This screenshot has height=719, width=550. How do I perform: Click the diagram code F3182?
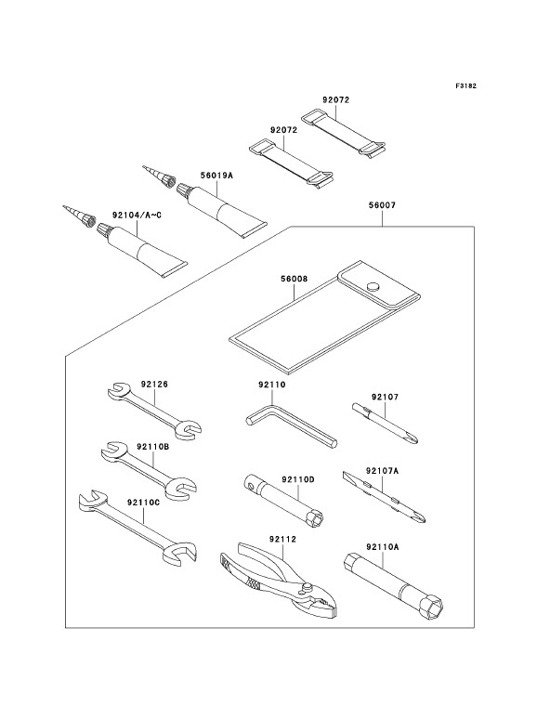465,85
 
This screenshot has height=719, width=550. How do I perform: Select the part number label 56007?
382,205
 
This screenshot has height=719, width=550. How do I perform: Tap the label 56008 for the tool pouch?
294,279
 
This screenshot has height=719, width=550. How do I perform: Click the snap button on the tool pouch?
373,287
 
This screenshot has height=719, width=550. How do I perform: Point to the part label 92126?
154,385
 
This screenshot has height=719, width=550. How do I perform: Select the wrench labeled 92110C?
138,526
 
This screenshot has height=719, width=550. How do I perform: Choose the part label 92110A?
383,546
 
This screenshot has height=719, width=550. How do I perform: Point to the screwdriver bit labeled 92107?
386,424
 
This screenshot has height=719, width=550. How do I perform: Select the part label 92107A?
382,470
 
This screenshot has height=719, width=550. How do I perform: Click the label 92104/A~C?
137,215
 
